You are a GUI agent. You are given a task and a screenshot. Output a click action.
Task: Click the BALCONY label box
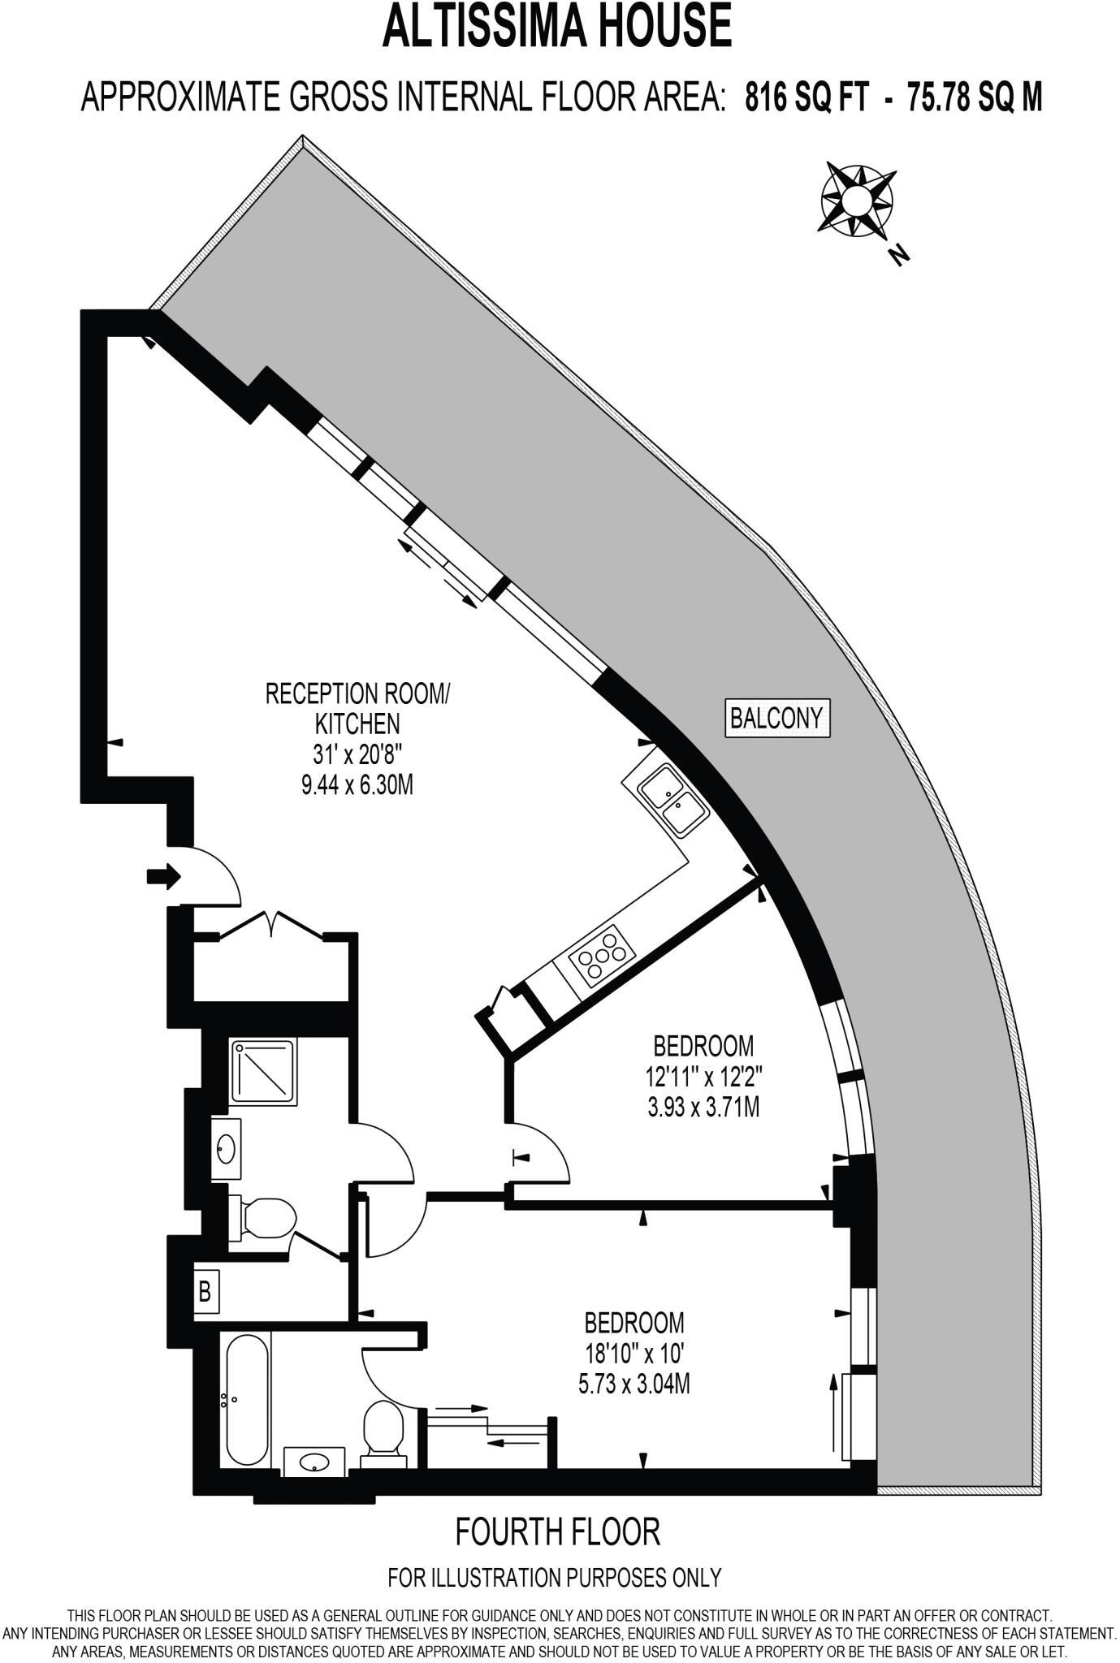point(776,718)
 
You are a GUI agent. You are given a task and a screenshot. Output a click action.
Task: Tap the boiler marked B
point(205,1290)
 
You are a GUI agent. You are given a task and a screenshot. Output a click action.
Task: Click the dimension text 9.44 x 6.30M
point(357,785)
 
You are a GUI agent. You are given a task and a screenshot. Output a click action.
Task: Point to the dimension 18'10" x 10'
point(634,1354)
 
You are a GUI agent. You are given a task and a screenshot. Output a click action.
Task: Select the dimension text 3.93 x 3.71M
point(703,1107)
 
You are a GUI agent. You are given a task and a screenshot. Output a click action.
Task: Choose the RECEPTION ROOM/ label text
point(357,694)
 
